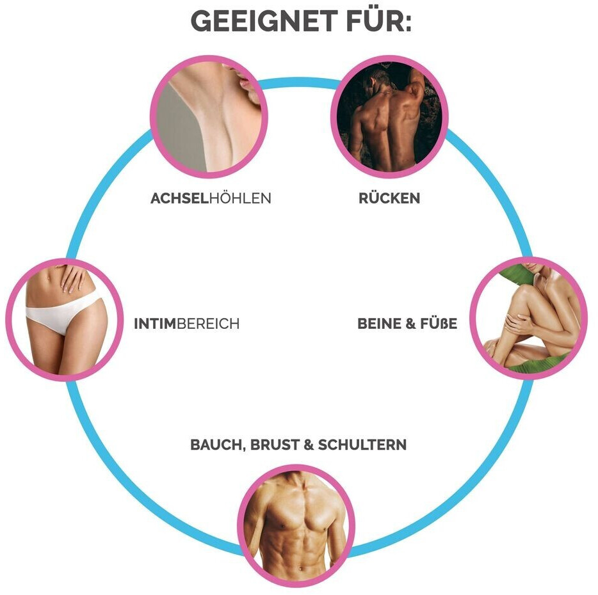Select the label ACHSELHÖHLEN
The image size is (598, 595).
(x=211, y=198)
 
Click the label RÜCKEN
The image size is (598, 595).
(x=389, y=198)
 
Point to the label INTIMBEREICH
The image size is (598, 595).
(x=186, y=324)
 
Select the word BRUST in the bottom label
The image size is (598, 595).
(x=272, y=445)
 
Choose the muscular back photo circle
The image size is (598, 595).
(x=389, y=116)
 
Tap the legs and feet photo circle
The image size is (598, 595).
(x=528, y=317)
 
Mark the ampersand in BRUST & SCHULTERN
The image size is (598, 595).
(x=308, y=445)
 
